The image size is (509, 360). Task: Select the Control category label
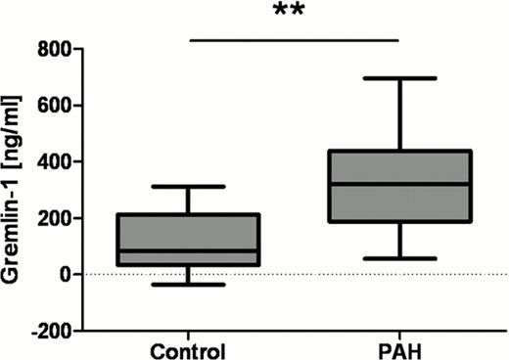click(188, 350)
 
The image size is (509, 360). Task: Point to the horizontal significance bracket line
click(295, 40)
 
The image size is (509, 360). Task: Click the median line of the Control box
click(188, 250)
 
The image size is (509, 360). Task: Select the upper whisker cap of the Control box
click(188, 186)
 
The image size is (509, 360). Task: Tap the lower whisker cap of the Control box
click(188, 284)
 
